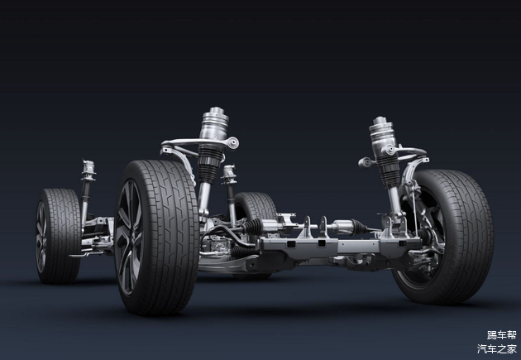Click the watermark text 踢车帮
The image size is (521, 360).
pyautogui.click(x=502, y=334)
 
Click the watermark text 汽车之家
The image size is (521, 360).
pyautogui.click(x=497, y=348)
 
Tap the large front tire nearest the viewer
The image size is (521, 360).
pyautogui.click(x=157, y=237)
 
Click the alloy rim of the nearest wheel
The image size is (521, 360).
pyautogui.click(x=128, y=237)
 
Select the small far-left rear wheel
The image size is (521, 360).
pyautogui.click(x=58, y=236)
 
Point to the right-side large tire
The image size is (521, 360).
pyautogui.click(x=445, y=237)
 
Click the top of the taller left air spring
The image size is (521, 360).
pyautogui.click(x=215, y=112)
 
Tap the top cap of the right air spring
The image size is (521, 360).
pyautogui.click(x=380, y=121)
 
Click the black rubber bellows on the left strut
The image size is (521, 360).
pyautogui.click(x=210, y=164)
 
